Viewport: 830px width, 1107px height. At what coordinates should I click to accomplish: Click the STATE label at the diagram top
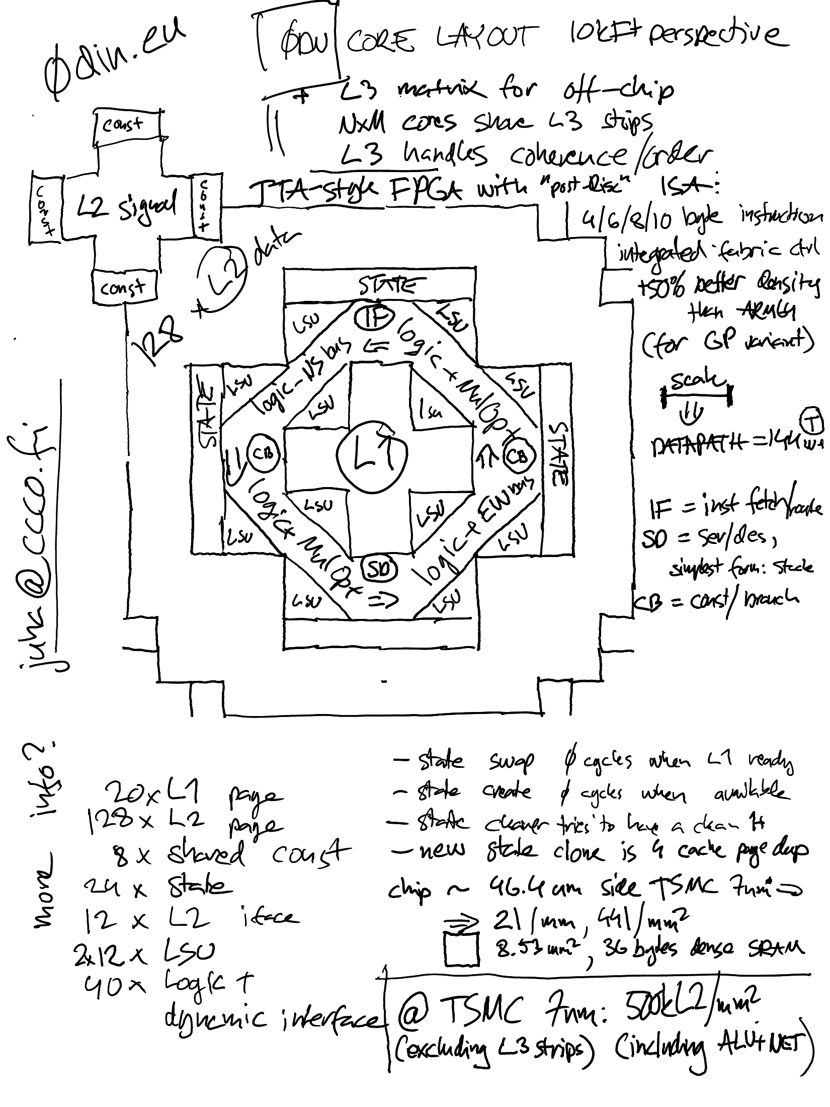click(387, 287)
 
